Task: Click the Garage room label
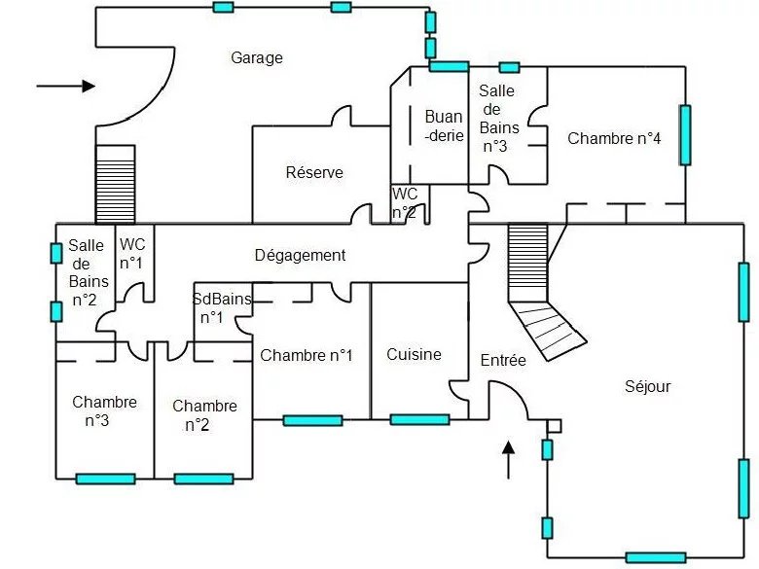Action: click(257, 57)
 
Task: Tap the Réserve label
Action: click(314, 172)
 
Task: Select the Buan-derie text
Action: click(444, 126)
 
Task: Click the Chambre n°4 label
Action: click(614, 138)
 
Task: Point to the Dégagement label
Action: click(300, 256)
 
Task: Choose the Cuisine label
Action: click(414, 354)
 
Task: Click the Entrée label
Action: click(503, 360)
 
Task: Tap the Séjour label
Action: click(647, 386)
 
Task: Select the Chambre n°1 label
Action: click(307, 355)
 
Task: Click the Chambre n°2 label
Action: click(204, 415)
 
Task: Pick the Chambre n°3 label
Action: click(104, 411)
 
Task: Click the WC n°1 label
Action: click(131, 254)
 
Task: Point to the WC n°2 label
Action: click(405, 202)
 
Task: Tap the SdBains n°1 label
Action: click(222, 308)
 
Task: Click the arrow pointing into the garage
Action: click(65, 86)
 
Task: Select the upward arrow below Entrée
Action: click(507, 459)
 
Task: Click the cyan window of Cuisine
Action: click(419, 419)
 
